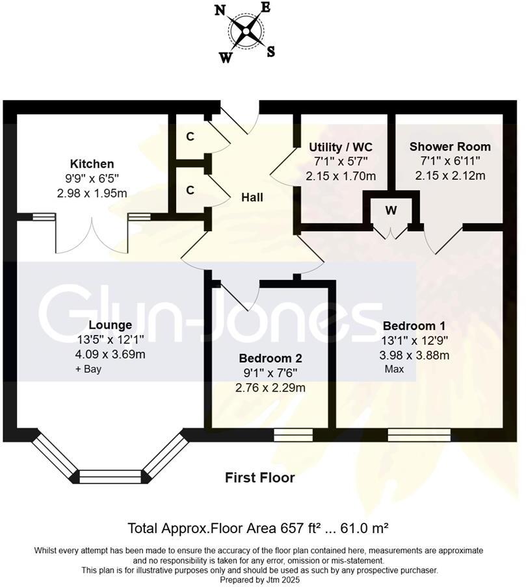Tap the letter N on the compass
[220, 10]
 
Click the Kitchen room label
[92, 164]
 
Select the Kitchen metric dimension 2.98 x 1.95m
[92, 193]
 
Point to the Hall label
[252, 197]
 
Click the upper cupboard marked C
[190, 137]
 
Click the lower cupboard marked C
[190, 190]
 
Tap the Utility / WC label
[341, 147]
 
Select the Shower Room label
[450, 147]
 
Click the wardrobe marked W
[391, 210]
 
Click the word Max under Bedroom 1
[393, 369]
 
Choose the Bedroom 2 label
[270, 358]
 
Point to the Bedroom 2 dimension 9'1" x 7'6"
[270, 373]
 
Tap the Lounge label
[110, 325]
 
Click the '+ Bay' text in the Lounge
[88, 369]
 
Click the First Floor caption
[259, 478]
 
